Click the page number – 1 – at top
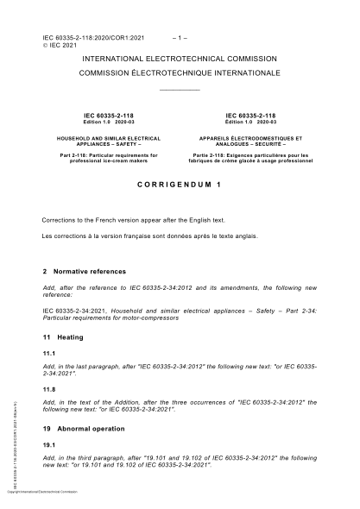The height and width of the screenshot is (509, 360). coord(180,39)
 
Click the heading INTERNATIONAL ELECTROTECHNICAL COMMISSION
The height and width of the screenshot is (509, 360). coord(180,59)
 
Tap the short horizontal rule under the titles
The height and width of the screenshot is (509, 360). coord(180,89)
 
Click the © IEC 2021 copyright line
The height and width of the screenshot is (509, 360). coord(62,47)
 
